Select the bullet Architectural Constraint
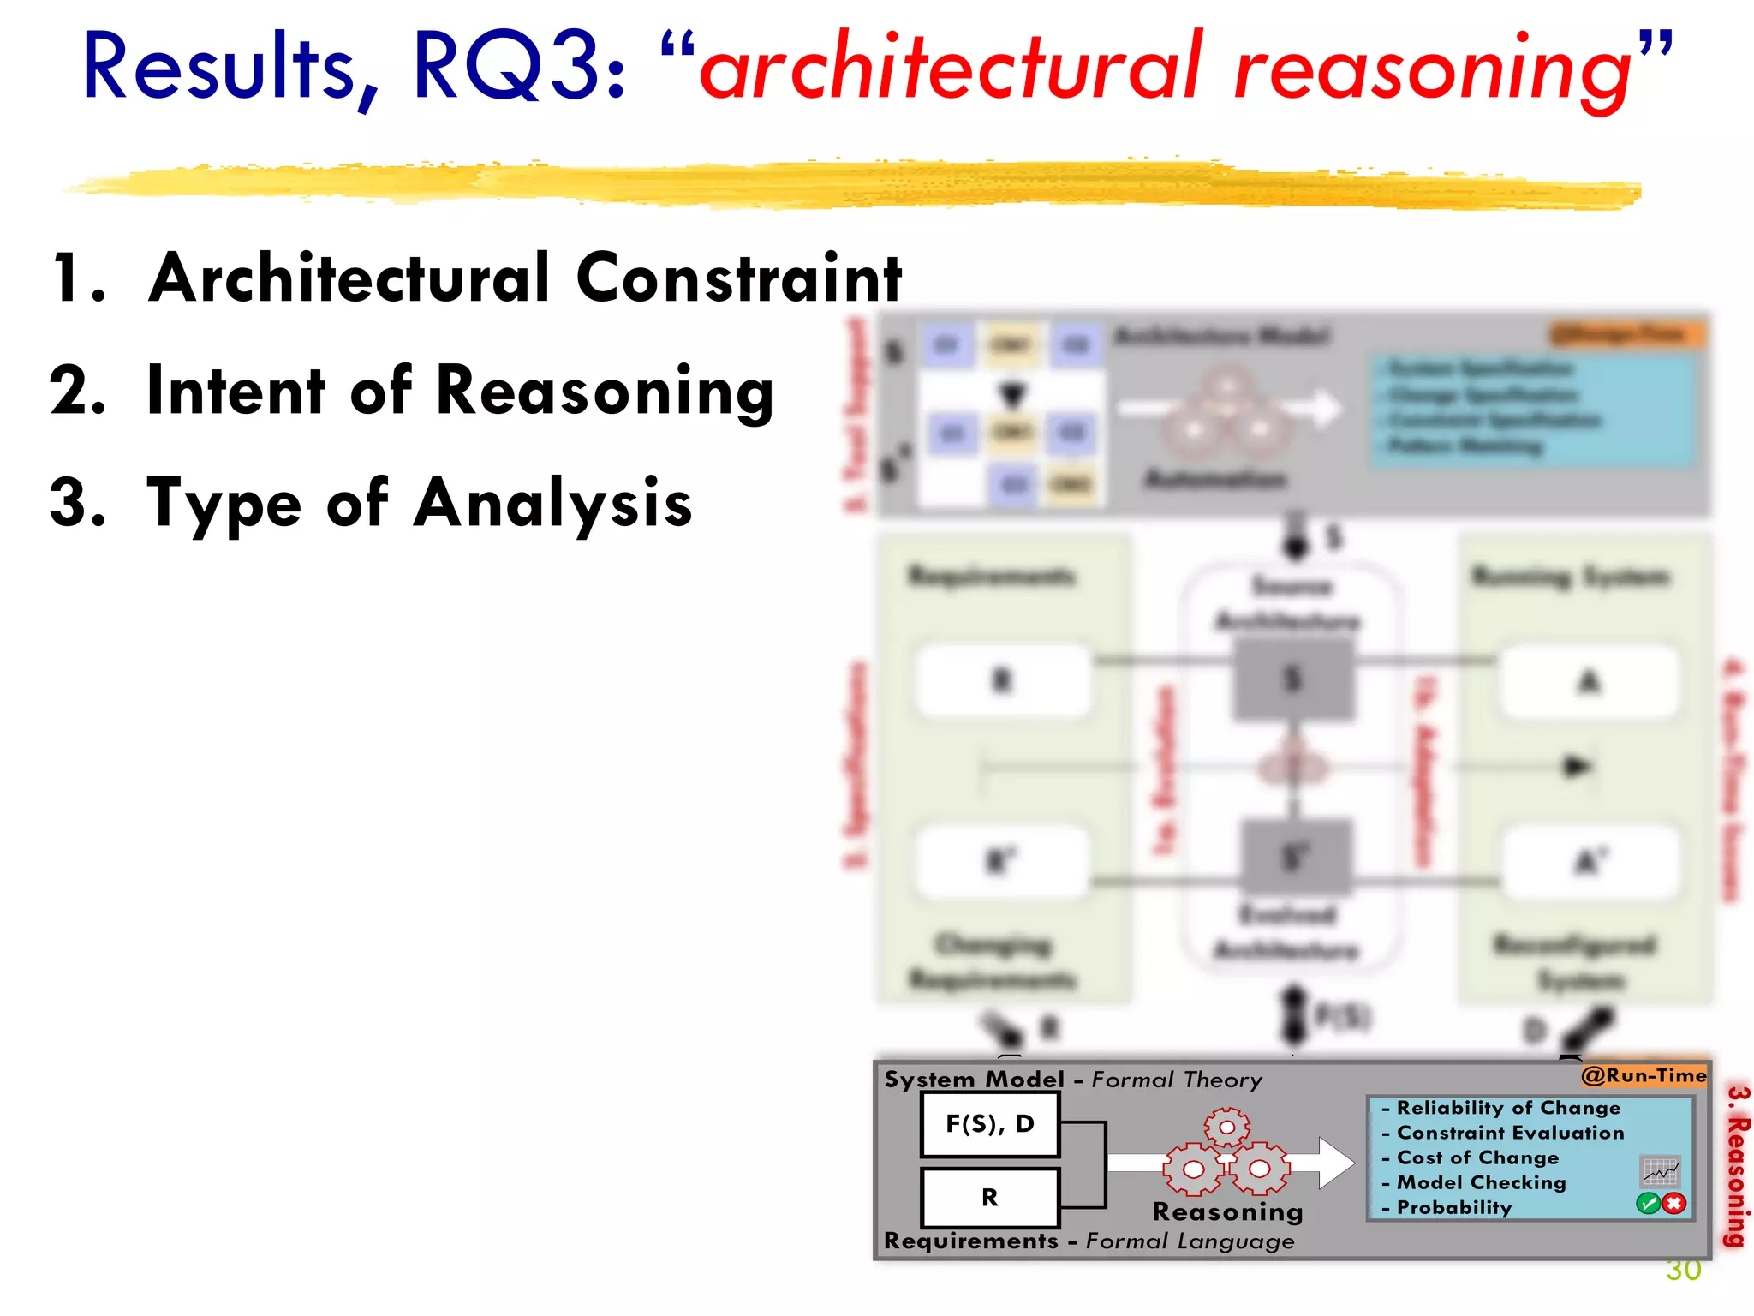pyautogui.click(x=524, y=278)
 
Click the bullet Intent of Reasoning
pyautogui.click(x=460, y=392)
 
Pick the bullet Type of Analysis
pyautogui.click(x=419, y=503)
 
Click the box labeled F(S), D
pyautogui.click(x=990, y=1124)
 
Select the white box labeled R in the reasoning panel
pyautogui.click(x=990, y=1197)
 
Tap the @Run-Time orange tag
pyautogui.click(x=1644, y=1075)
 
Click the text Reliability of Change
pyautogui.click(x=1508, y=1108)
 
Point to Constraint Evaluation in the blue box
pyautogui.click(x=1510, y=1133)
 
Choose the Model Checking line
pyautogui.click(x=1481, y=1182)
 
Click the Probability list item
pyautogui.click(x=1453, y=1207)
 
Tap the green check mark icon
pyautogui.click(x=1648, y=1204)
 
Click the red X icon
pyautogui.click(x=1674, y=1204)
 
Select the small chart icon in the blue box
pyautogui.click(x=1660, y=1170)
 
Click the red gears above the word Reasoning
pyautogui.click(x=1226, y=1153)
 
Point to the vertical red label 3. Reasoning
pyautogui.click(x=1736, y=1165)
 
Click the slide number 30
pyautogui.click(x=1683, y=1271)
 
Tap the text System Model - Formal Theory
pyautogui.click(x=1073, y=1080)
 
